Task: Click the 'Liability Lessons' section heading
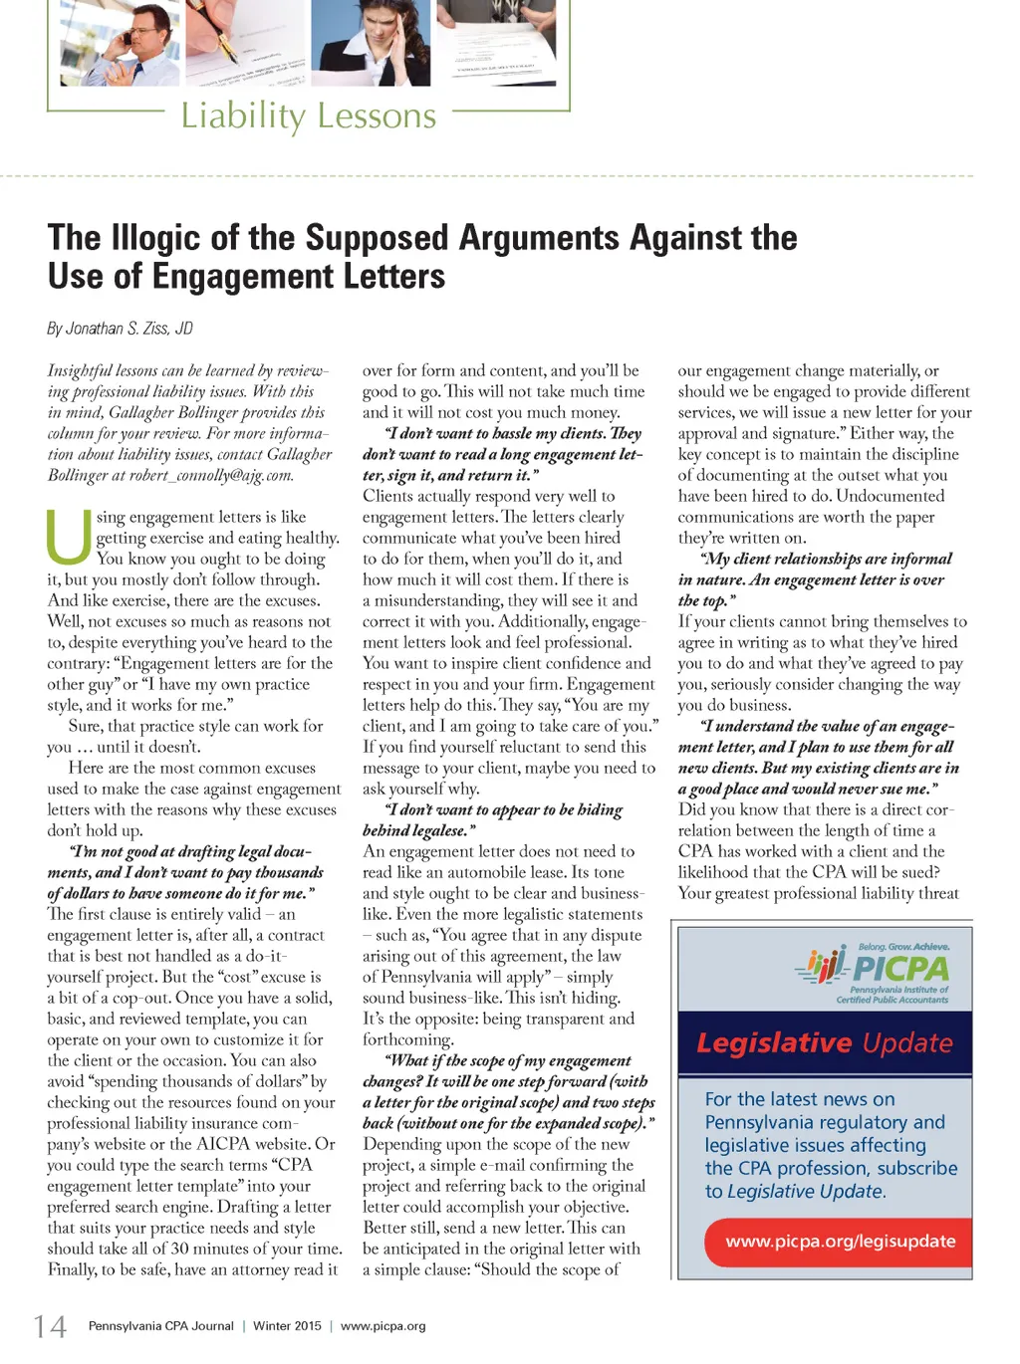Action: click(x=308, y=116)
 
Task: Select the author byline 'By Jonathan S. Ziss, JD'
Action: click(x=120, y=329)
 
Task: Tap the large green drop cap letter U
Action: click(x=69, y=537)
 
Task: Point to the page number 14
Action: click(x=50, y=1326)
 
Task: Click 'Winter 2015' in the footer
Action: click(x=287, y=1326)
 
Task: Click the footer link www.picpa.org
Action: click(x=382, y=1326)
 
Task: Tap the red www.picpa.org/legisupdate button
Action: click(x=840, y=1242)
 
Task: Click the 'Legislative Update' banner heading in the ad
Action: click(x=824, y=1042)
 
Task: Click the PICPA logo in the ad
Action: click(x=874, y=970)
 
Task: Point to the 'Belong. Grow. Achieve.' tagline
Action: click(x=903, y=947)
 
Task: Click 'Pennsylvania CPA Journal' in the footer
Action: click(x=160, y=1326)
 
